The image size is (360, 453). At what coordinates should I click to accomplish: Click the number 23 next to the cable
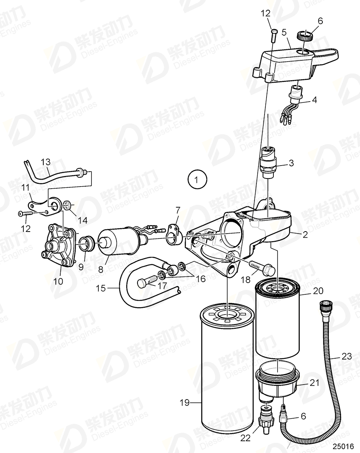(347, 357)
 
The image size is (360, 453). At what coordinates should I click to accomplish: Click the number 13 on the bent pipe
(45, 162)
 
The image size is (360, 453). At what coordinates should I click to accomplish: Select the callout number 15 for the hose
(102, 289)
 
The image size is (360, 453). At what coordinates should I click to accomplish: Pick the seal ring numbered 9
(87, 245)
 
